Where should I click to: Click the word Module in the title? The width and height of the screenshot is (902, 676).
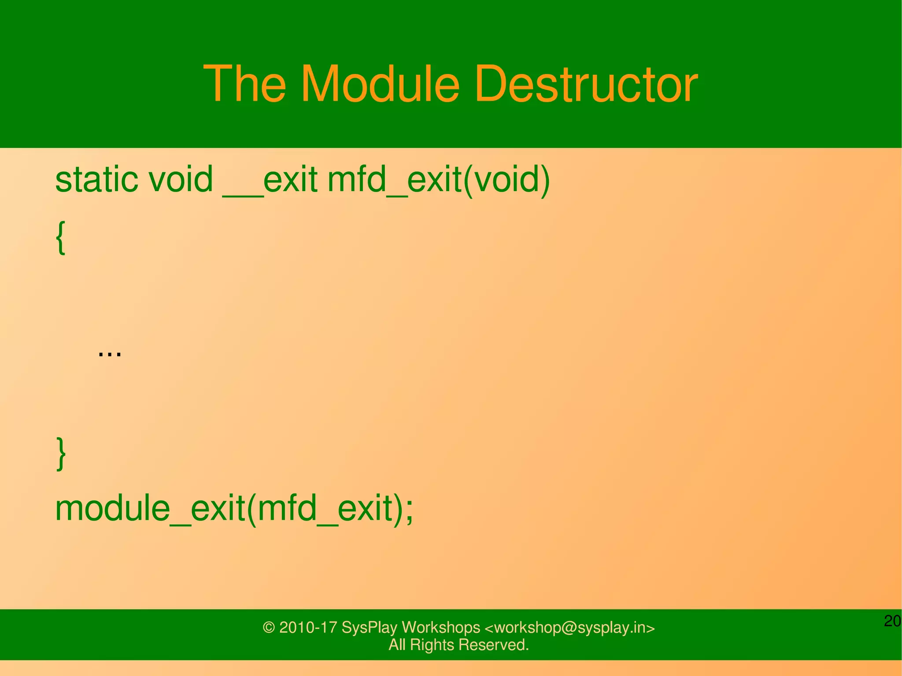click(380, 84)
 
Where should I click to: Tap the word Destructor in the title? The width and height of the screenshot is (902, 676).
click(586, 84)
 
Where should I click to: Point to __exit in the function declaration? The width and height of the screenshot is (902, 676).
click(270, 180)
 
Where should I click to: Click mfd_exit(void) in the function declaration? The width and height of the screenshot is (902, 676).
click(439, 180)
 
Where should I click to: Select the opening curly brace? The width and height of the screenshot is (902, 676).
click(61, 238)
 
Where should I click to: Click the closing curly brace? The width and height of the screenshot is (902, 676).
click(61, 454)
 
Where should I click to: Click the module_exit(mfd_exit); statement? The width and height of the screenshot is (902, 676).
click(234, 509)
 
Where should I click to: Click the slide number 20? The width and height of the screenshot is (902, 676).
click(892, 621)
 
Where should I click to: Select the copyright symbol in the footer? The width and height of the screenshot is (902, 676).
click(269, 628)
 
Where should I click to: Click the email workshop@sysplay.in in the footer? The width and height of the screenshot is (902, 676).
click(569, 628)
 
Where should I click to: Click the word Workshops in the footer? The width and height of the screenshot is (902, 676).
click(440, 628)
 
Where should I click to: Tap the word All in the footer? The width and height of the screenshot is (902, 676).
click(397, 645)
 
